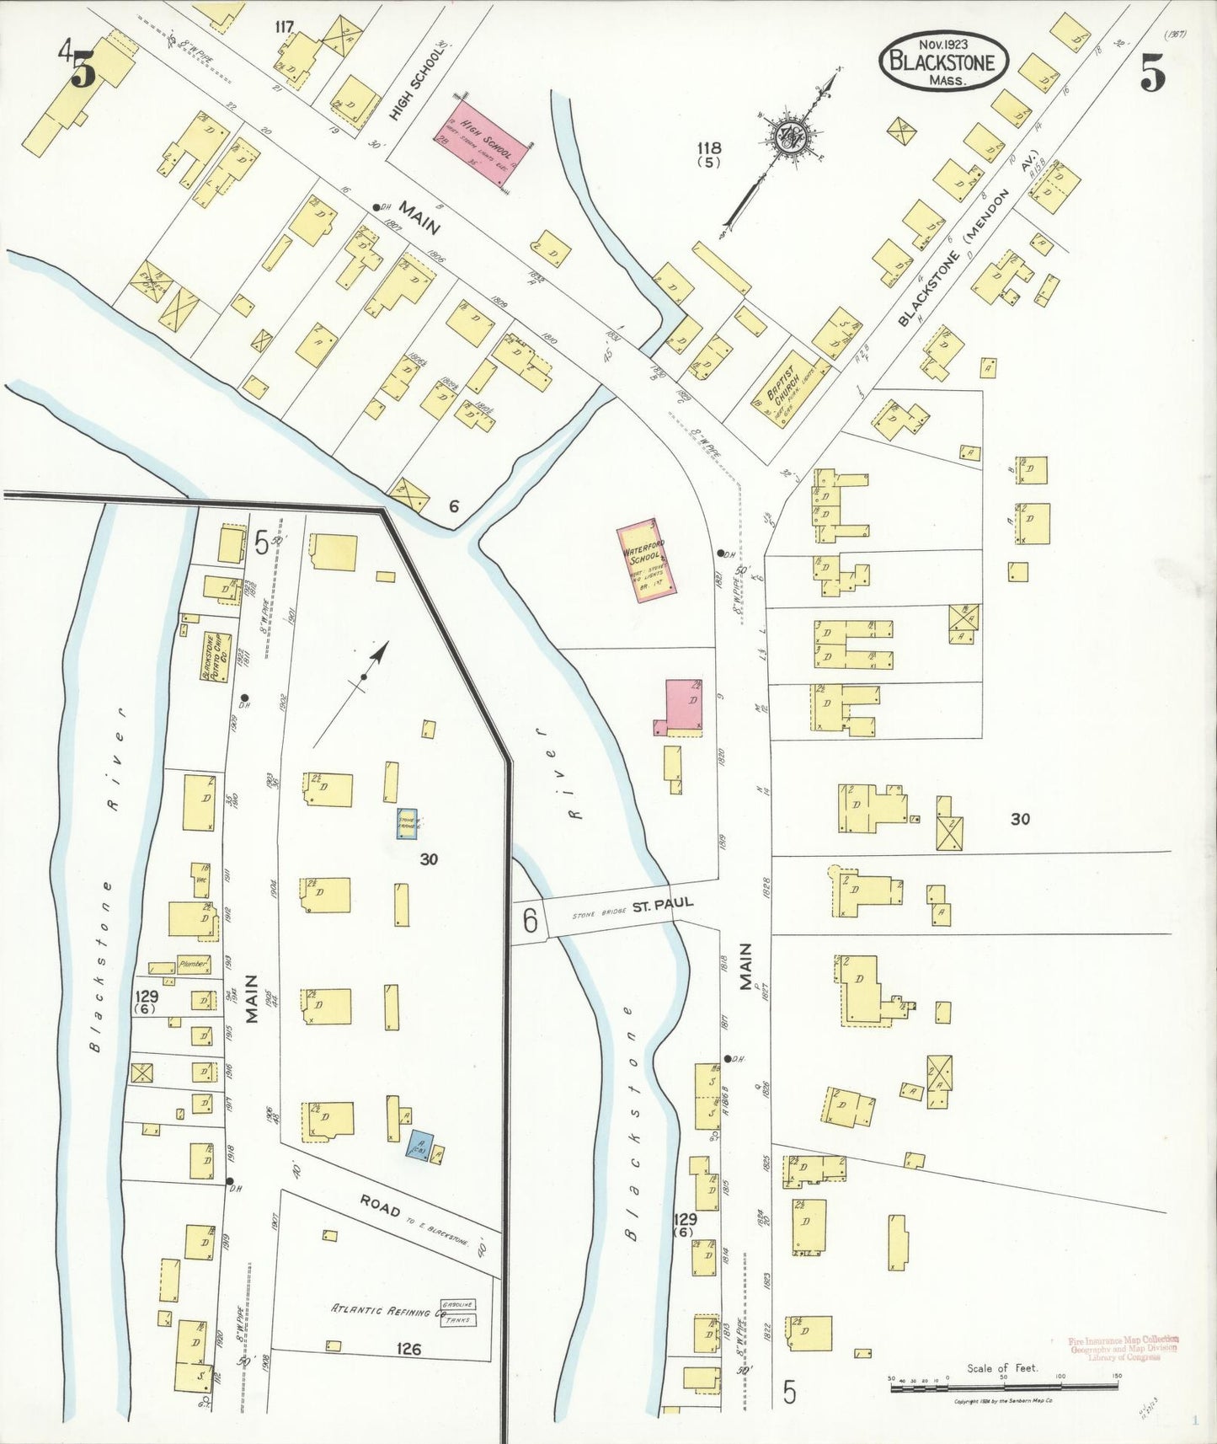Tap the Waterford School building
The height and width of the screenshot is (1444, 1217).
646,561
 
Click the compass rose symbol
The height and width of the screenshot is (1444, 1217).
791,138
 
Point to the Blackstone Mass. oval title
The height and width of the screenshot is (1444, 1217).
942,61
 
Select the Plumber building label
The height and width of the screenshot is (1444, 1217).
192,964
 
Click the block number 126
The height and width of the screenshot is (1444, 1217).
408,1349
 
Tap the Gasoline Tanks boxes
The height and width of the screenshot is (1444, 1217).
459,1312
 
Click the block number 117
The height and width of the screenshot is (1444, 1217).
284,27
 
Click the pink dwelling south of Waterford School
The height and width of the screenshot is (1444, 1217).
685,706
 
